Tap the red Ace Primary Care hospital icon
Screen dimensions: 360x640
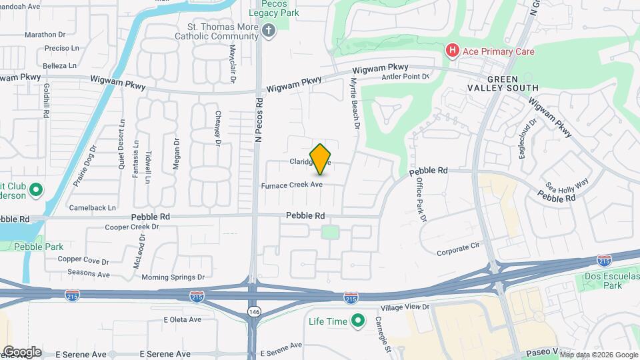tap(453, 51)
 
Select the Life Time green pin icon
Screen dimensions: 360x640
tap(358, 321)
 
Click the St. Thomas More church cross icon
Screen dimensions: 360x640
tap(269, 31)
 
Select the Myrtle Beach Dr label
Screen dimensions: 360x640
tap(355, 102)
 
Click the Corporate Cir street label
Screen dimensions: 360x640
tap(459, 252)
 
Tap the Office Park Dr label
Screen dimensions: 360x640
tap(421, 199)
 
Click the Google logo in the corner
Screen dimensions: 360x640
tap(22, 351)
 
